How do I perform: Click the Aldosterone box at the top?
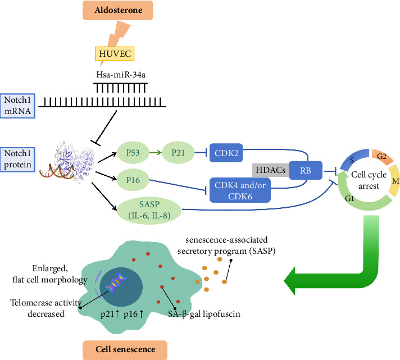click(x=117, y=10)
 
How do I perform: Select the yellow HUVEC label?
click(x=115, y=53)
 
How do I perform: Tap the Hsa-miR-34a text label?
click(x=121, y=75)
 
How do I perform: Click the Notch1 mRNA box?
click(x=17, y=106)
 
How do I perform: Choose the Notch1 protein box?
click(x=17, y=160)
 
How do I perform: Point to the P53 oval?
click(x=133, y=152)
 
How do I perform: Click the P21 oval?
click(x=178, y=152)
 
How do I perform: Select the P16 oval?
click(x=133, y=180)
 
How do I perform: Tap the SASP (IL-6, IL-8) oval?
click(x=149, y=210)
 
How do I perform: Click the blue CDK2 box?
click(x=226, y=153)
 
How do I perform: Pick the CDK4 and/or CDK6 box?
click(x=240, y=190)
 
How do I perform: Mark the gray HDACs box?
click(x=271, y=170)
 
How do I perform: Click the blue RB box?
click(x=306, y=170)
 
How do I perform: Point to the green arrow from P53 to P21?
click(x=156, y=152)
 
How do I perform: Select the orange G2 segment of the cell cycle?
click(x=382, y=156)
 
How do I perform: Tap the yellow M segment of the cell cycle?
click(x=394, y=180)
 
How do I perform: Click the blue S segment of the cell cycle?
click(x=353, y=160)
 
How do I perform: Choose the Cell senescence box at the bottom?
click(x=125, y=349)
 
